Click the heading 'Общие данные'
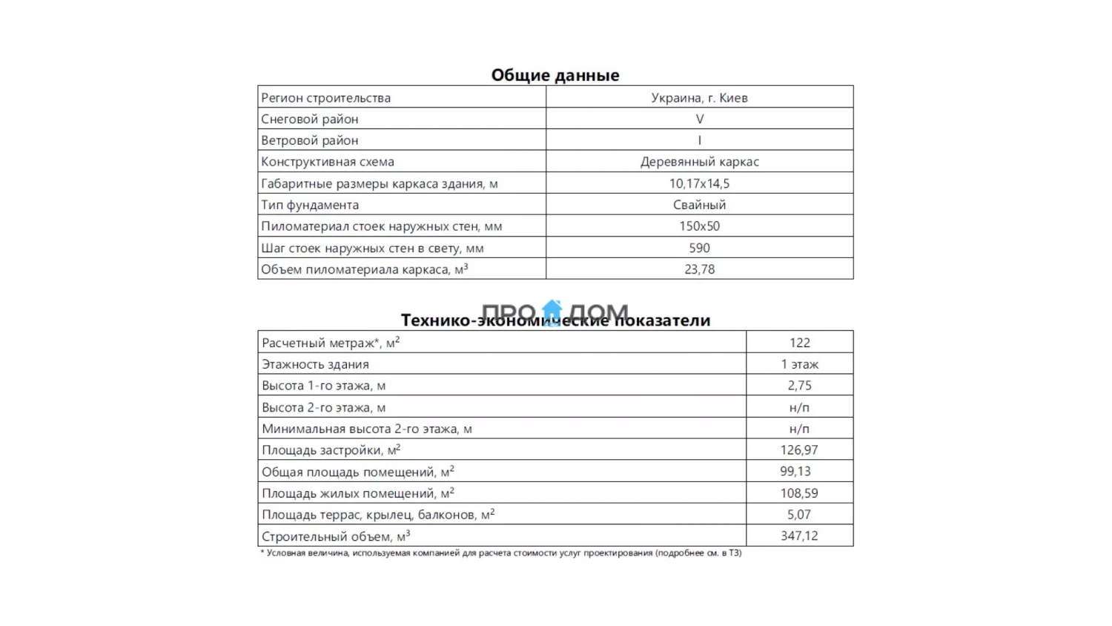pyautogui.click(x=555, y=75)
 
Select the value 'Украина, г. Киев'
pyautogui.click(x=699, y=97)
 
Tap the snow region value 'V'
pyautogui.click(x=699, y=119)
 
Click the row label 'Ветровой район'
pyautogui.click(x=309, y=140)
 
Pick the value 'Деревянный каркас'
pyautogui.click(x=699, y=162)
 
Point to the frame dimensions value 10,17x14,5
pyautogui.click(x=699, y=183)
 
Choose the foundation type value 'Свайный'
pyautogui.click(x=699, y=205)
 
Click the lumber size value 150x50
pyautogui.click(x=699, y=226)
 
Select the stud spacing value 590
pyautogui.click(x=699, y=248)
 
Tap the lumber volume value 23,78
pyautogui.click(x=699, y=269)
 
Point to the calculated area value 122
pyautogui.click(x=799, y=343)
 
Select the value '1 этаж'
pyautogui.click(x=799, y=364)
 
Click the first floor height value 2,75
pyautogui.click(x=799, y=386)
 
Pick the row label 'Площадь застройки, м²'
pyautogui.click(x=331, y=450)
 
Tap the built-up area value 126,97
pyautogui.click(x=799, y=450)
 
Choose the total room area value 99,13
pyautogui.click(x=795, y=472)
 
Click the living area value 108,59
pyautogui.click(x=799, y=493)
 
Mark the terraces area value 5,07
pyautogui.click(x=799, y=515)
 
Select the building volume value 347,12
pyautogui.click(x=799, y=536)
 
